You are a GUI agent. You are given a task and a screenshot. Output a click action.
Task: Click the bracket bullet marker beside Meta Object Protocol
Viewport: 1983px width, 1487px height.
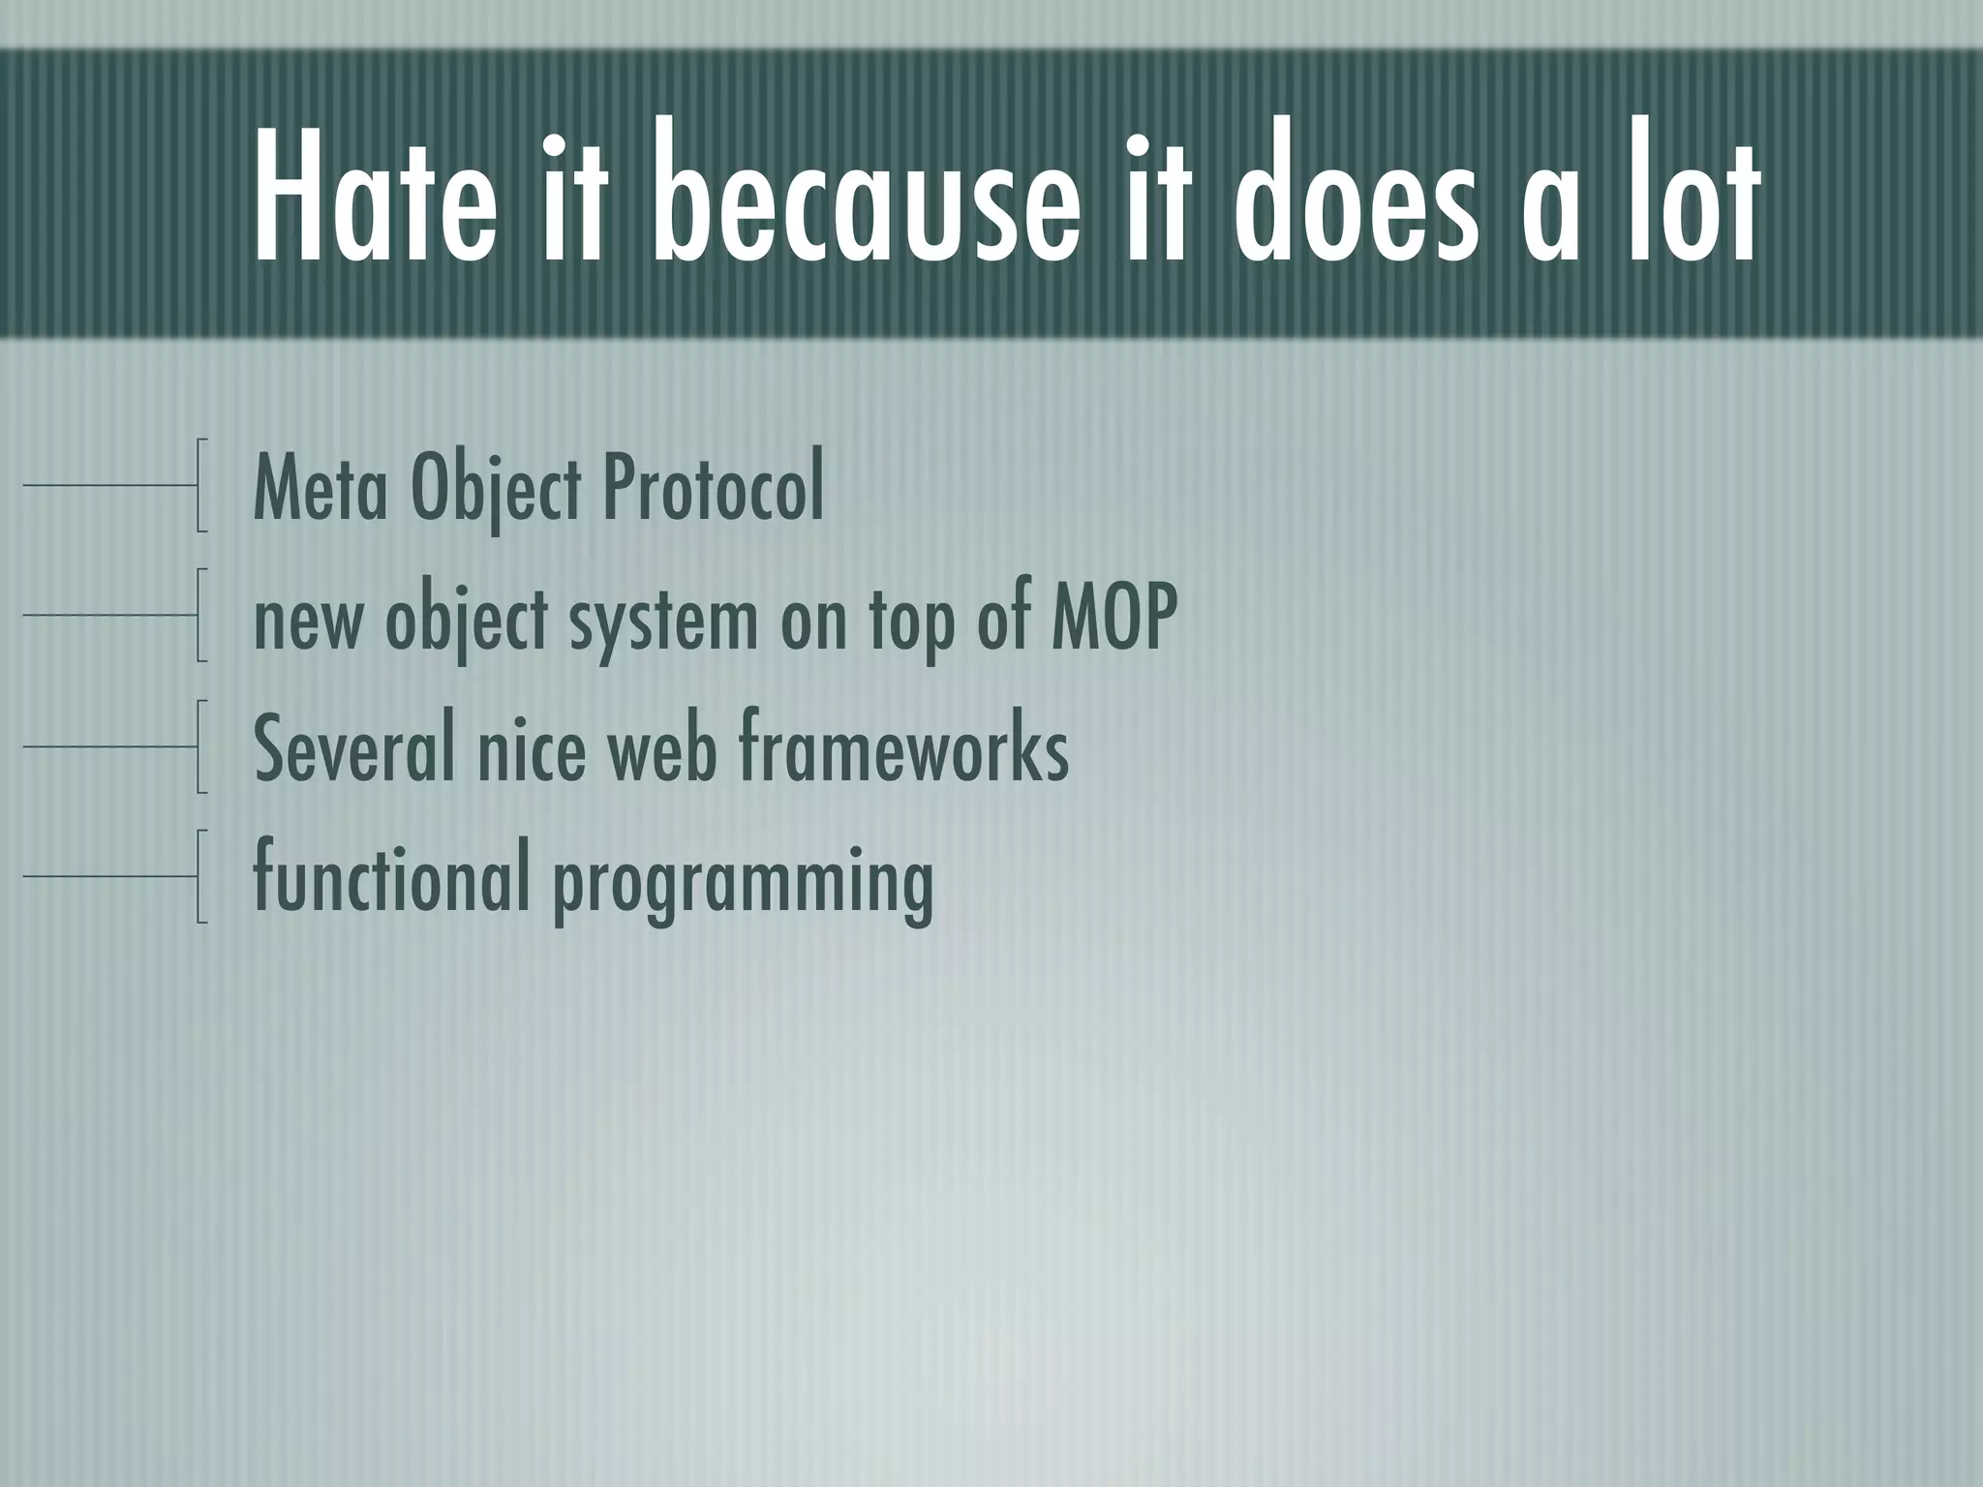tap(201, 485)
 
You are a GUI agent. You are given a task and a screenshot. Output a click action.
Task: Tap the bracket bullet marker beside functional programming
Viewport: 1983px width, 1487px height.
tap(201, 875)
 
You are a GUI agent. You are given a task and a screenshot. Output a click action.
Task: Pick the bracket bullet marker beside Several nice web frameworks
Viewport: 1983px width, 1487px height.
tap(201, 745)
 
